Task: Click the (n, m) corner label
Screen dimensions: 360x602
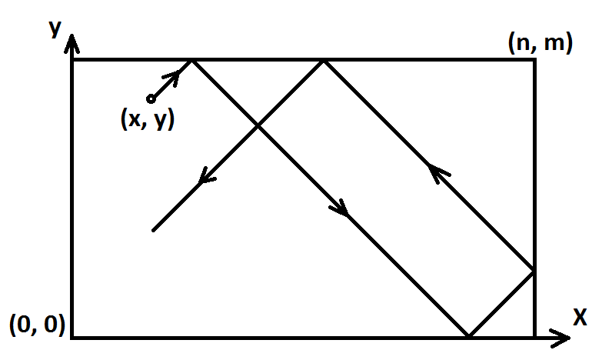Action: pyautogui.click(x=540, y=44)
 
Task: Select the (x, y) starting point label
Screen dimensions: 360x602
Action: pyautogui.click(x=148, y=120)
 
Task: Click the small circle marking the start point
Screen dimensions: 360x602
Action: pyautogui.click(x=151, y=98)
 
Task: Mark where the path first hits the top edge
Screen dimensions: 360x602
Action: pyautogui.click(x=191, y=59)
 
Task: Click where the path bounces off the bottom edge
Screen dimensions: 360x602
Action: pyautogui.click(x=468, y=337)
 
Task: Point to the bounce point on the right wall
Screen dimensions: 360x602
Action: pyautogui.click(x=534, y=271)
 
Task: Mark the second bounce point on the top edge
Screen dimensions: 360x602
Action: pyautogui.click(x=324, y=59)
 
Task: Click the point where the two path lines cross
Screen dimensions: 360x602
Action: pyautogui.click(x=258, y=125)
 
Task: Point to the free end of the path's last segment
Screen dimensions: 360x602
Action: pyautogui.click(x=153, y=230)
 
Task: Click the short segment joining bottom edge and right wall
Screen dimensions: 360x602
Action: pyautogui.click(x=501, y=304)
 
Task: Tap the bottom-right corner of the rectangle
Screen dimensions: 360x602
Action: pyautogui.click(x=534, y=337)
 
